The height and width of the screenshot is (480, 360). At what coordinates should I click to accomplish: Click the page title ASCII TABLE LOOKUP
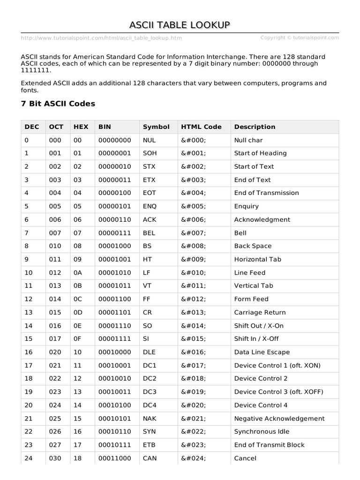pos(180,25)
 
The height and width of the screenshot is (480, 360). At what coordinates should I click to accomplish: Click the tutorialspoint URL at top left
pos(101,38)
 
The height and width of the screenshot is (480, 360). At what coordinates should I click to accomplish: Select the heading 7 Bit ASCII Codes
pos(58,104)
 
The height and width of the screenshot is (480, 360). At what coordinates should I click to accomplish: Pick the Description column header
pos(255,127)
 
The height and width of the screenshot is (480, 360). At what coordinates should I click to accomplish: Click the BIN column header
pos(105,127)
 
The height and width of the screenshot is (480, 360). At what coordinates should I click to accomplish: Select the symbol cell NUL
pos(149,140)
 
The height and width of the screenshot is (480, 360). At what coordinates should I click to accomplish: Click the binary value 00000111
pos(114,233)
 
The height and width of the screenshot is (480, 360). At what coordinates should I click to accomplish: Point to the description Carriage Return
pos(260,313)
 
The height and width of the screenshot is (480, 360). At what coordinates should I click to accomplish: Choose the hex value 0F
pos(77,339)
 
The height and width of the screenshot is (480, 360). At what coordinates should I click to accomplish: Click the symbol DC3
pos(150,392)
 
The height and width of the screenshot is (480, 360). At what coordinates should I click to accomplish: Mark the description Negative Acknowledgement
pos(279,419)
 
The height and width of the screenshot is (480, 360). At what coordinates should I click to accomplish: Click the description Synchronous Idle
pos(262,432)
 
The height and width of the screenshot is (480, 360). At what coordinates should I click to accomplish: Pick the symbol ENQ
pos(150,206)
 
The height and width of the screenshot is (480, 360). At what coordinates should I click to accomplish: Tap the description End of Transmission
pos(266,193)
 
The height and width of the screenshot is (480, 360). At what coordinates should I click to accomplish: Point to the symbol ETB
pos(149,445)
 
